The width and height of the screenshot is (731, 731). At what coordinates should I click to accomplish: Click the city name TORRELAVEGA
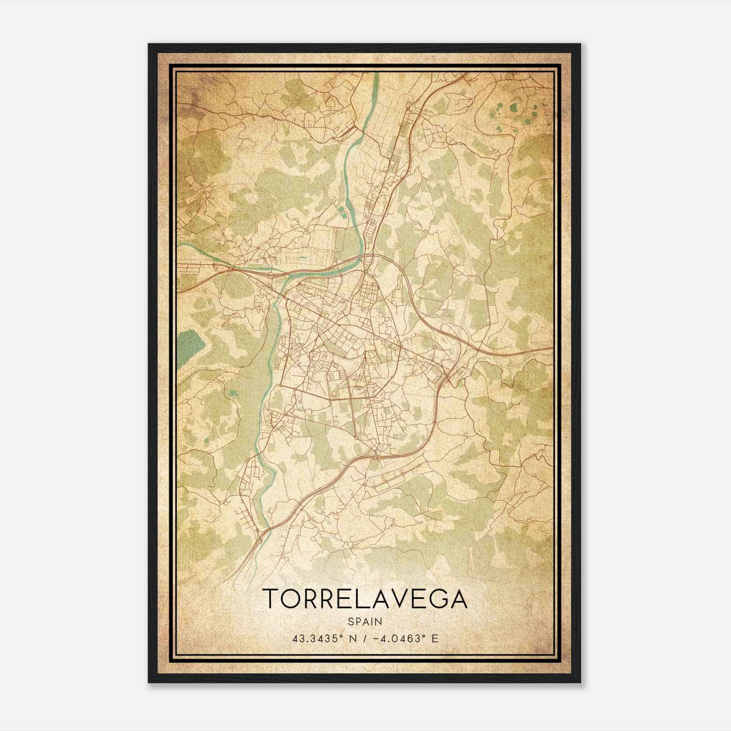365,599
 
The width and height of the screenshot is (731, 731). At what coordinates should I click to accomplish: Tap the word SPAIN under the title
365,621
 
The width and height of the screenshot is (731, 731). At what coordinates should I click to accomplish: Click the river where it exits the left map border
179,245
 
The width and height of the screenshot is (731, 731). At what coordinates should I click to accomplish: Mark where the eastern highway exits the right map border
552,349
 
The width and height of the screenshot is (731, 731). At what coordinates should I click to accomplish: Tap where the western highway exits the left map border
179,289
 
